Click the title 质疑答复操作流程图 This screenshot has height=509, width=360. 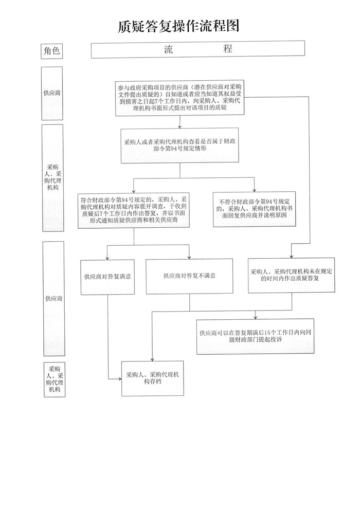(178, 26)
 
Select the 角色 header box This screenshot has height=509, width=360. (51, 51)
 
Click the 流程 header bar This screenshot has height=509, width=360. (197, 49)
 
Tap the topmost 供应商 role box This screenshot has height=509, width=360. (52, 93)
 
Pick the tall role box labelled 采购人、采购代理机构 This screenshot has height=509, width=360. (53, 177)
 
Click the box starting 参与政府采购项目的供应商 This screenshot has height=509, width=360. (180, 98)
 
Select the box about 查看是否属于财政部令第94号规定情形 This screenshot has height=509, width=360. (180, 146)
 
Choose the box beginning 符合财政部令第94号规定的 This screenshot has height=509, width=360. (134, 210)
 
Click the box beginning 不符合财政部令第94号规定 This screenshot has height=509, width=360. (255, 209)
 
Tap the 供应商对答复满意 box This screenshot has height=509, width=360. (108, 277)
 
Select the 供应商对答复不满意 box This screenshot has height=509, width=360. (190, 276)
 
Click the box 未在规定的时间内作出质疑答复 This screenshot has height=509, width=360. (291, 275)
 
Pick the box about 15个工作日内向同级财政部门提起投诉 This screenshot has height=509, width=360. (256, 336)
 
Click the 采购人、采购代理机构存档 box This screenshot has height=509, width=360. (153, 378)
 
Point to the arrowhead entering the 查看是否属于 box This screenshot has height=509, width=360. (180, 126)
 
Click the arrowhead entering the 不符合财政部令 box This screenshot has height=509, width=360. (254, 190)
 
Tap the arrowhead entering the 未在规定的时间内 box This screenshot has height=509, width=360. (292, 256)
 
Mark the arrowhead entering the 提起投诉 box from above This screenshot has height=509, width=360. (256, 317)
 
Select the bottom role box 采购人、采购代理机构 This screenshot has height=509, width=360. (55, 379)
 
